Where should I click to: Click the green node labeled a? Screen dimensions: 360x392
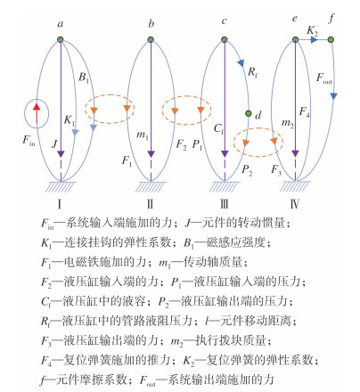pos(61,39)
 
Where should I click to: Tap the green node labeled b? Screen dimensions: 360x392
pos(151,39)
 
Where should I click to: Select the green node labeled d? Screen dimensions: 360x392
pos(249,113)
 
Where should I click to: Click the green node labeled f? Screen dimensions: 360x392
pos(331,39)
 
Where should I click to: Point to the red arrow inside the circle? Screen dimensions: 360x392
pos(37,113)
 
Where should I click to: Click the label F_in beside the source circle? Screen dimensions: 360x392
pos(29,140)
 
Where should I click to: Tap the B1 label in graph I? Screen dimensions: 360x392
pos(84,78)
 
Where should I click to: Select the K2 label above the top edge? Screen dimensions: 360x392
pos(312,30)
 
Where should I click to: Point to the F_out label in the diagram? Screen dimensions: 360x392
pos(324,78)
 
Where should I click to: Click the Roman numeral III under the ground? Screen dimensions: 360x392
pos(225,204)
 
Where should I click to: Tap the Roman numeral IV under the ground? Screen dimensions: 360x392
pos(295,204)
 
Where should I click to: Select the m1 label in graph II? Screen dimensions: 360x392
pos(142,135)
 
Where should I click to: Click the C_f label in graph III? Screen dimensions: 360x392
pos(218,128)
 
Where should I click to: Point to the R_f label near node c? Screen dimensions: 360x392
pos(252,72)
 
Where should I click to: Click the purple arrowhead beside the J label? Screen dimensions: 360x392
pos(61,154)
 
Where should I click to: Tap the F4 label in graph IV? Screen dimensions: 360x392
pos(304,112)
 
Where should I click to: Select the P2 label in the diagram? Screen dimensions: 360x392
pos(247,170)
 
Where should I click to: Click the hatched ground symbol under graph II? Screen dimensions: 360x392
pos(151,186)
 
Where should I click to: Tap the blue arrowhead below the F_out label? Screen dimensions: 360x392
pos(334,96)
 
